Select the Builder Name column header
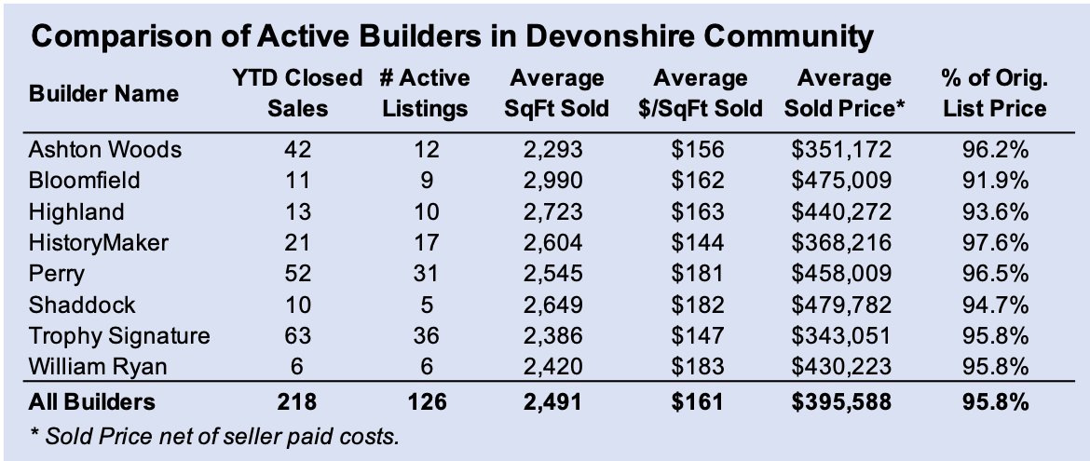(103, 94)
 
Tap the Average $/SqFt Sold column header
(701, 93)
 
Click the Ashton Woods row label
(104, 149)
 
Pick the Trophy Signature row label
(119, 336)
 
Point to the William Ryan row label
(98, 367)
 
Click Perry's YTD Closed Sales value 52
(297, 274)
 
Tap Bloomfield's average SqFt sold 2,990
(555, 180)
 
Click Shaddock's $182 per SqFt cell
(701, 305)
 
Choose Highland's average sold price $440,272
(841, 211)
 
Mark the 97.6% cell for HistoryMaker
(994, 243)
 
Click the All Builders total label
(92, 402)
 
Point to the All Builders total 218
(297, 402)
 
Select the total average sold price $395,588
(841, 402)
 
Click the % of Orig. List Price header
(994, 93)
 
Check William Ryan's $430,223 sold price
(841, 367)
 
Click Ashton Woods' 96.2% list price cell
(994, 149)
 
